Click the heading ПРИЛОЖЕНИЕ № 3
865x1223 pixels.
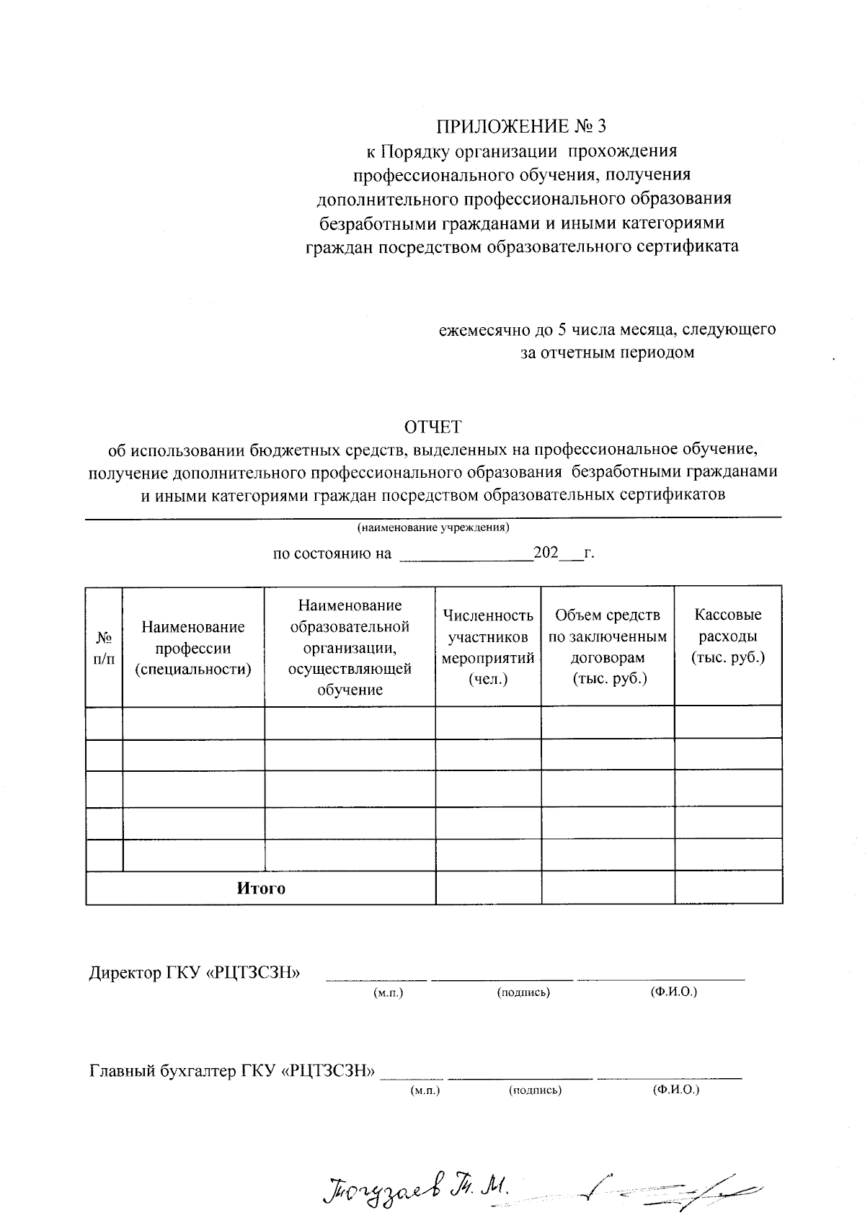(x=521, y=127)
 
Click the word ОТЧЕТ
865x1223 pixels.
(x=432, y=427)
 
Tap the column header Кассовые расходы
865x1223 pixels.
(x=728, y=636)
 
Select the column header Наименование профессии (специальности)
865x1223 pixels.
(x=193, y=648)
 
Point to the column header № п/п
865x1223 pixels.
(x=104, y=648)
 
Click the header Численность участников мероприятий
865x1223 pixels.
(x=488, y=646)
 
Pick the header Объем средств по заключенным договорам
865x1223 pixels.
(x=608, y=646)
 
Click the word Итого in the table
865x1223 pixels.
(x=261, y=889)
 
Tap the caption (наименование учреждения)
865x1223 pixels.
(x=433, y=528)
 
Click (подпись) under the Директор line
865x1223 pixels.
(x=523, y=992)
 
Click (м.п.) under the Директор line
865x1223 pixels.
(x=388, y=992)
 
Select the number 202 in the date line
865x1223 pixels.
(x=546, y=553)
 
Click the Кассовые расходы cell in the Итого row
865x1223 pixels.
(x=728, y=887)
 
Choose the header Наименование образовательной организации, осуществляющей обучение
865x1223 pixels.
(x=350, y=646)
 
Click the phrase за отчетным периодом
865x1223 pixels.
(x=608, y=352)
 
